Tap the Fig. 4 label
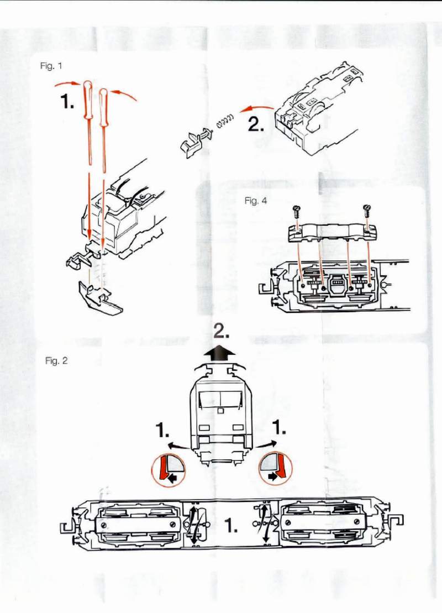click(255, 201)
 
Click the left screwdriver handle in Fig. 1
click(87, 100)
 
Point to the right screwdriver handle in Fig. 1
click(103, 103)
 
